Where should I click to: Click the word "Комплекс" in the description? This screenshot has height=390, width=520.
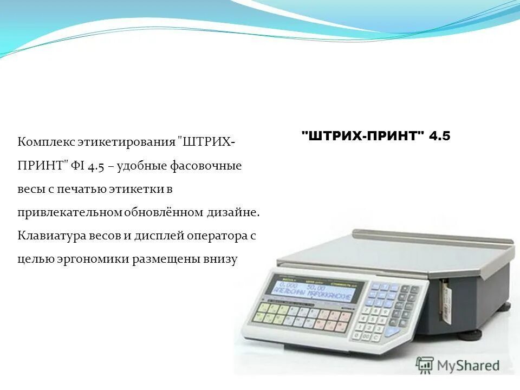(45, 142)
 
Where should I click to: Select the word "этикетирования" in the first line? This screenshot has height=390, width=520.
(125, 142)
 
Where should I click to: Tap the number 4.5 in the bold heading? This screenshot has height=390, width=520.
(439, 136)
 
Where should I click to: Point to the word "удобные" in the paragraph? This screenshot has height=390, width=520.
(141, 166)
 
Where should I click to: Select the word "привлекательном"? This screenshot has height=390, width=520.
(70, 212)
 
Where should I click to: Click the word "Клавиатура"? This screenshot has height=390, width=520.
(53, 236)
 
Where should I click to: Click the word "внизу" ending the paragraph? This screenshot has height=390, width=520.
(222, 259)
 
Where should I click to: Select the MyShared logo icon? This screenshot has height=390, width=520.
(425, 365)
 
